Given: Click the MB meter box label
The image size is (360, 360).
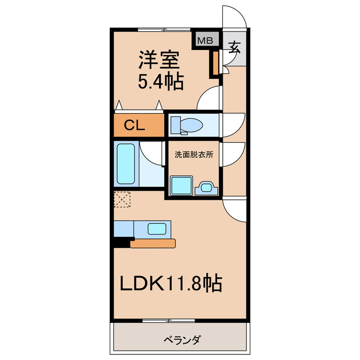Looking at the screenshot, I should click(x=205, y=40).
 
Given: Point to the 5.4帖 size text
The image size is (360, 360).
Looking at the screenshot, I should click(x=160, y=82).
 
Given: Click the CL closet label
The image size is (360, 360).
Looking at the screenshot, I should click(x=135, y=125).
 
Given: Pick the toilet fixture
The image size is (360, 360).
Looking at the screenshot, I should click(x=183, y=124).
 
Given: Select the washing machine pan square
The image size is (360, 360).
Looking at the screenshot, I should click(x=182, y=184).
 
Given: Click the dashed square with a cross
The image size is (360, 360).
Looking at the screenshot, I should click(x=122, y=199).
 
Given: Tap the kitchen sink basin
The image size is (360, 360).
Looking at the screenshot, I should click(x=157, y=228).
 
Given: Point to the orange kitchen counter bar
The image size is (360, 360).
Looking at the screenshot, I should click(x=153, y=244).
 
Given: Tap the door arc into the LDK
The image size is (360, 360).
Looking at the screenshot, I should click(x=235, y=211).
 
